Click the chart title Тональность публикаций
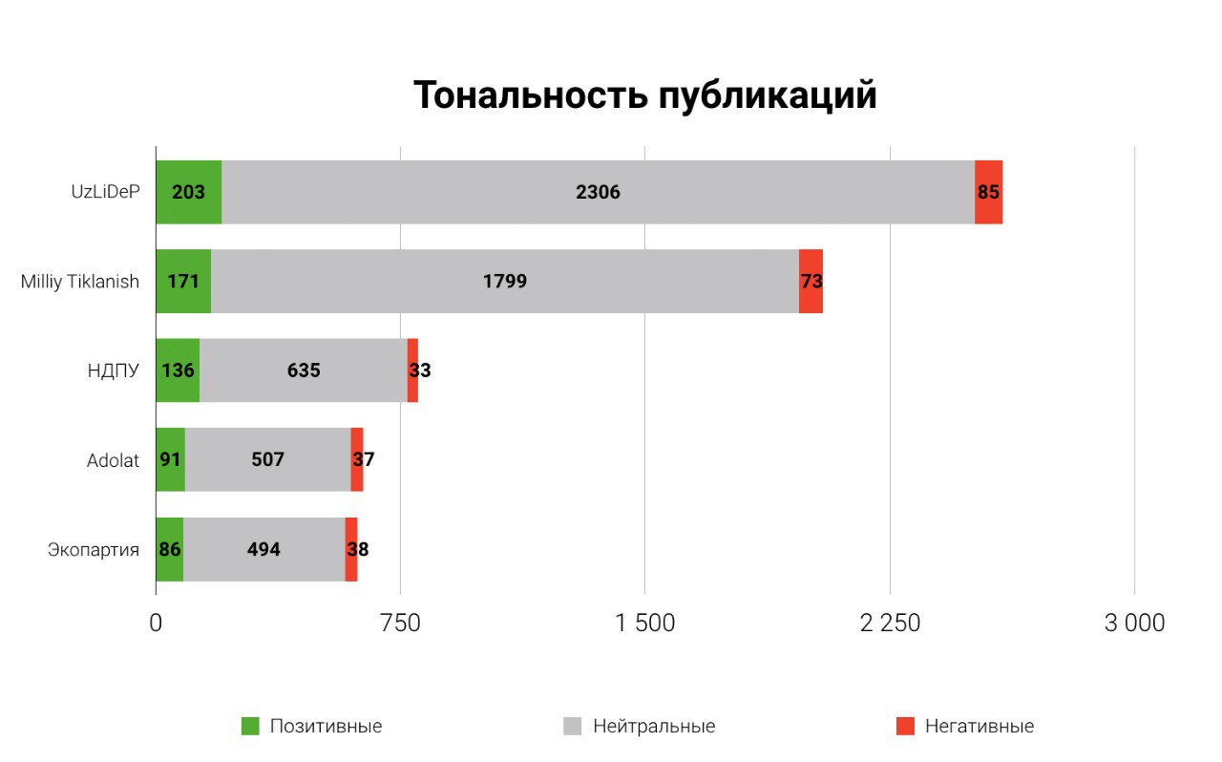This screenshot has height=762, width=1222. [x=644, y=95]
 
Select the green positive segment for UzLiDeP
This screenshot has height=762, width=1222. [x=188, y=192]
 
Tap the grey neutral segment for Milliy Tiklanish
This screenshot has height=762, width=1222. [x=504, y=282]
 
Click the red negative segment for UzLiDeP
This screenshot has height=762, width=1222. [x=988, y=192]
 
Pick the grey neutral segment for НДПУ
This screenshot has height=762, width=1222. [x=304, y=370]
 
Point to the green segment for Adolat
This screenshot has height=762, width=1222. [x=170, y=459]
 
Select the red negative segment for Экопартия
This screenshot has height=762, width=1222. [x=351, y=549]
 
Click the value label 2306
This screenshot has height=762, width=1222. [x=598, y=192]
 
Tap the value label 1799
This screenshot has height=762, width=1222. [x=504, y=282]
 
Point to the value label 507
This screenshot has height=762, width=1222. [x=267, y=459]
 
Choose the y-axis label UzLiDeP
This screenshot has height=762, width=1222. [x=105, y=191]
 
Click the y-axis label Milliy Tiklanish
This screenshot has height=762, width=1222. [x=80, y=282]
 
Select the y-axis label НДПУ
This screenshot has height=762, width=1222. [x=113, y=370]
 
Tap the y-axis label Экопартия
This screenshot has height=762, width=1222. [x=94, y=550]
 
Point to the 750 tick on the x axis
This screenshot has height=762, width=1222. [x=400, y=623]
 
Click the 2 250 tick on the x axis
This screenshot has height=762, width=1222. [x=890, y=623]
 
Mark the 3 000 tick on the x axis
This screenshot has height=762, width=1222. [x=1134, y=623]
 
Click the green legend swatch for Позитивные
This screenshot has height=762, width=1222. [x=250, y=727]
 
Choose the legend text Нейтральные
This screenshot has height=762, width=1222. [x=654, y=727]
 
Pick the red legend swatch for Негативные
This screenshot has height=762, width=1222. [x=905, y=727]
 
